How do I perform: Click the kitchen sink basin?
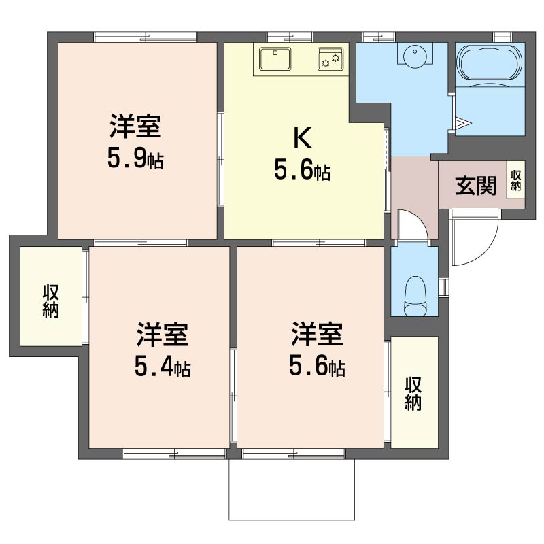pos(275,59)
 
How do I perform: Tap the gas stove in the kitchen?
pos(330,59)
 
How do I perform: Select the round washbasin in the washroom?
pos(415,54)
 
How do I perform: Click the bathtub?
pos(490,63)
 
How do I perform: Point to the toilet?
pos(415,296)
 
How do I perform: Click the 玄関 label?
pos(475,186)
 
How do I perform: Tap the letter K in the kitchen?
pos(303,138)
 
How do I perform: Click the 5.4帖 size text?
pos(163,367)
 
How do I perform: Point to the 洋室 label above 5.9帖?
pos(135,126)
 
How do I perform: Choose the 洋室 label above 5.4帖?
pos(163,335)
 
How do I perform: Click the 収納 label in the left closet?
pos(50,301)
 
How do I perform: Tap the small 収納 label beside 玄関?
pos(516,180)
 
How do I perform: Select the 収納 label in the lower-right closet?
pos(413,394)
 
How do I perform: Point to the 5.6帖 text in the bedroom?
pos(317,366)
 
